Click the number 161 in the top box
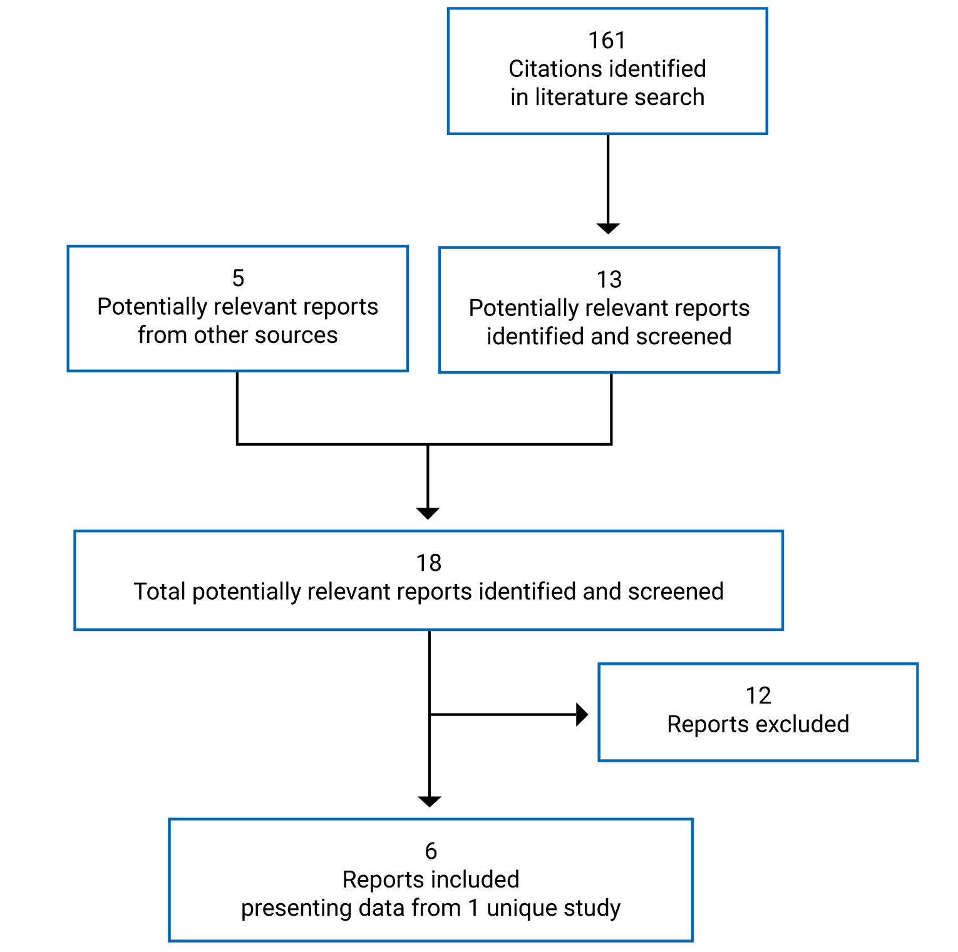click(607, 41)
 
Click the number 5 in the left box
click(238, 278)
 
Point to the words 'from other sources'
click(237, 335)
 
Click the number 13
click(609, 280)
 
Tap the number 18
click(429, 563)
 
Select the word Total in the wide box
click(160, 591)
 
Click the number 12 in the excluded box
click(758, 695)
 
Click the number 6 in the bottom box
click(431, 851)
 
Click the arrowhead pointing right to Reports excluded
click(582, 714)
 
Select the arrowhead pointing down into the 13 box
click(608, 228)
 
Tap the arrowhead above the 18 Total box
click(428, 513)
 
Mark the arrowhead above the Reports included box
click(430, 801)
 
